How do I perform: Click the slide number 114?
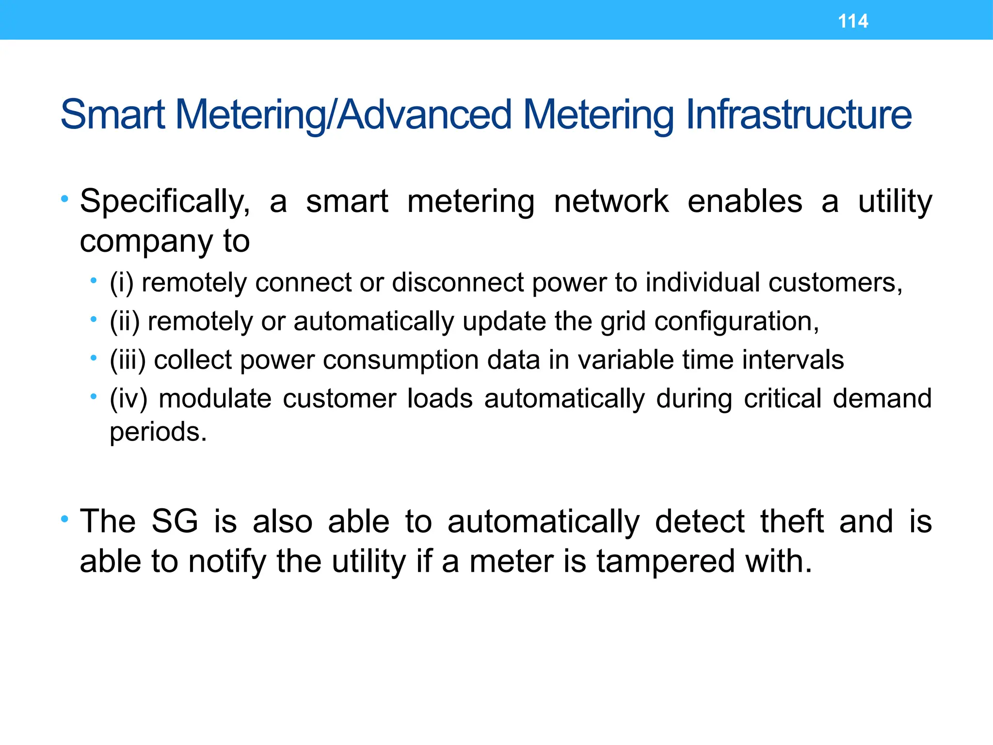point(853,21)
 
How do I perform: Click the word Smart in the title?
point(112,115)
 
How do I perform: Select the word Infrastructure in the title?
point(799,115)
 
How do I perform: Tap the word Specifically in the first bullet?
point(164,202)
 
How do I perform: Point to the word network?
point(611,202)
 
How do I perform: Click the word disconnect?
point(458,283)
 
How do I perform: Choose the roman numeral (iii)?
point(128,360)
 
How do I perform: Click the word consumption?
point(400,360)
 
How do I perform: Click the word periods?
point(158,432)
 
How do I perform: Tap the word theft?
point(792,522)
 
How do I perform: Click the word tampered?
point(666,562)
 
